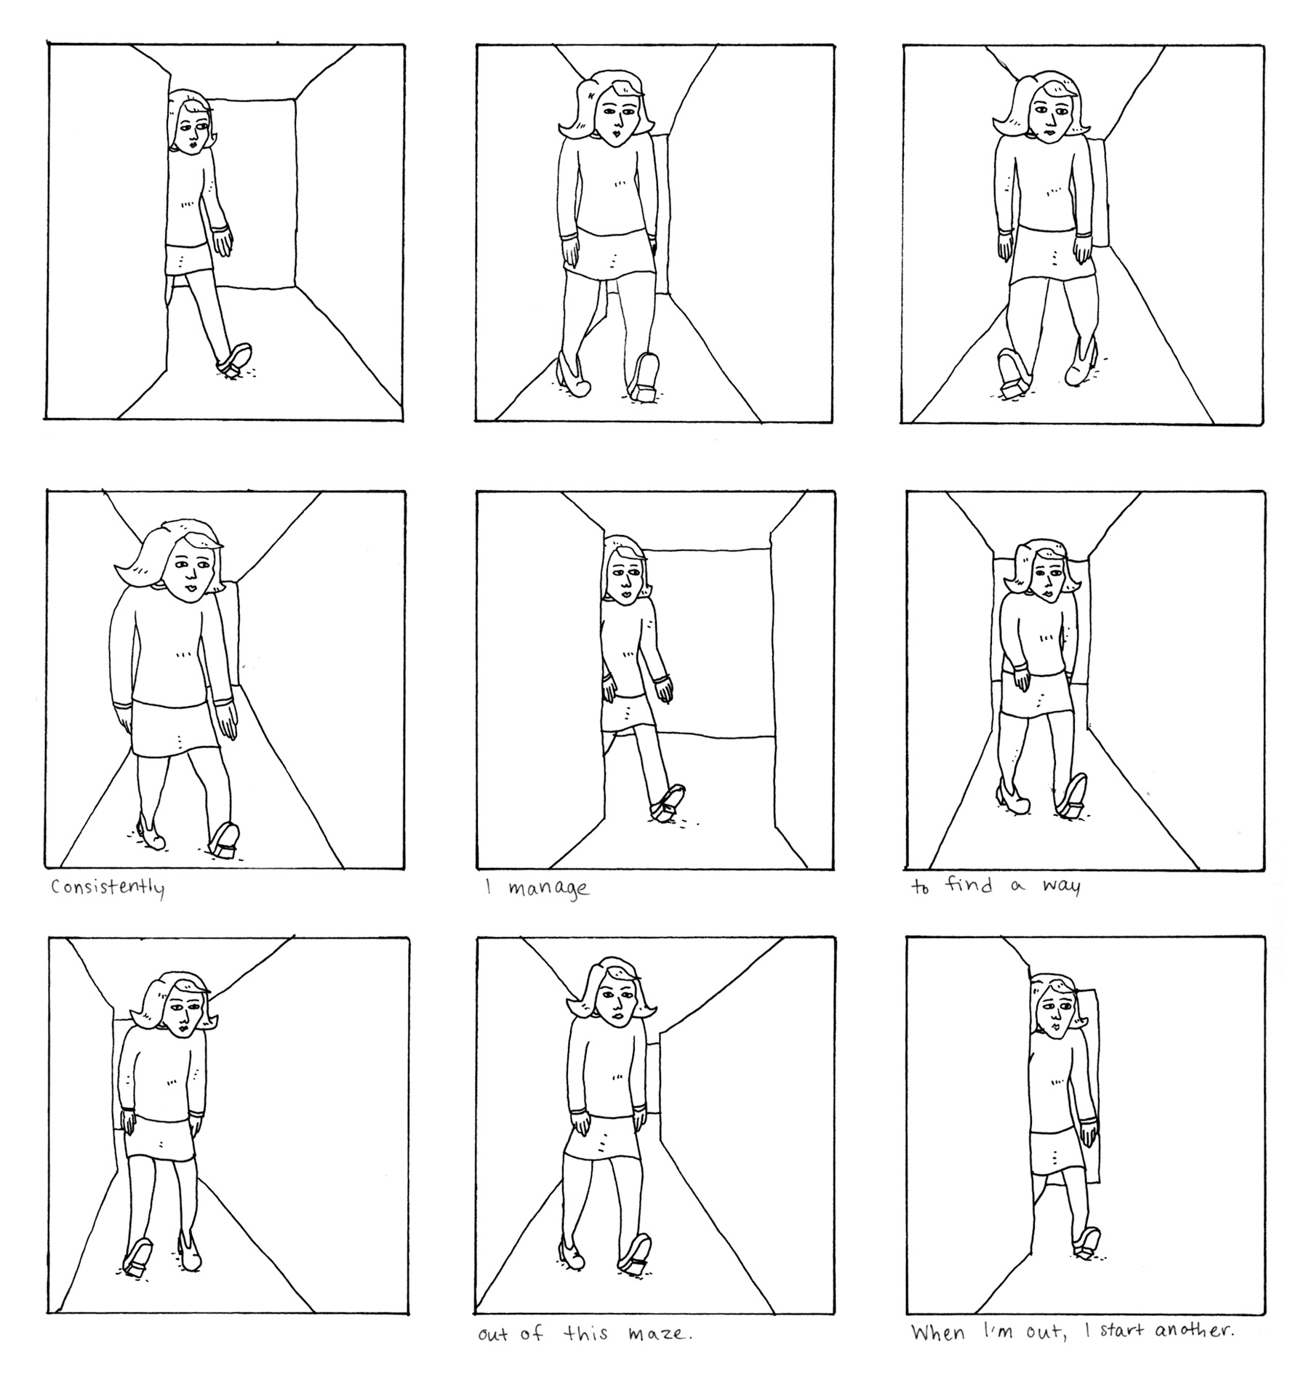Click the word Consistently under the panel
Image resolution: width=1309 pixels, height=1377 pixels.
pyautogui.click(x=108, y=888)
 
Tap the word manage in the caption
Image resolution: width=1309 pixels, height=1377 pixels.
pyautogui.click(x=548, y=889)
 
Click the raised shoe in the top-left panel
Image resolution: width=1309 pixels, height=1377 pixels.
pyautogui.click(x=233, y=361)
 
